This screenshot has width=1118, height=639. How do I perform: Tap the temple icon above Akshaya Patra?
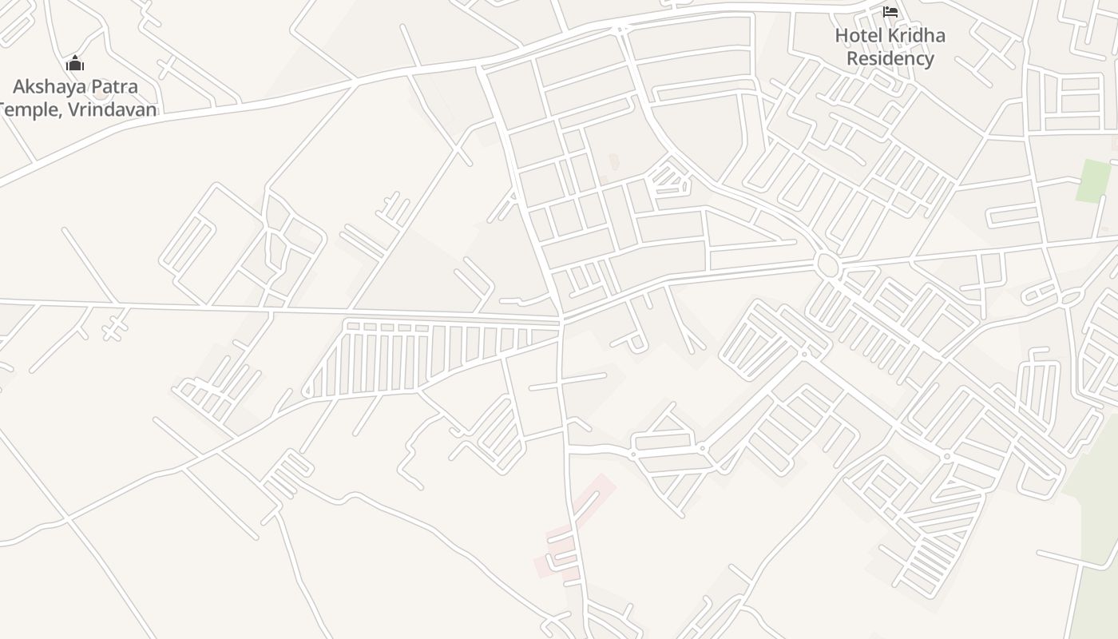pos(75,64)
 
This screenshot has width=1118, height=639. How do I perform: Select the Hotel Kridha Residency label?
pos(890,47)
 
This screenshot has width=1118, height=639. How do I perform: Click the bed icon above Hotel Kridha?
pos(890,12)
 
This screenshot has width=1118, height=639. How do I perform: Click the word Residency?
pos(890,58)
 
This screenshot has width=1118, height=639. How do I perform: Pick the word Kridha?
pos(915,36)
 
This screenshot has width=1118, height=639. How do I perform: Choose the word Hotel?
pos(857,36)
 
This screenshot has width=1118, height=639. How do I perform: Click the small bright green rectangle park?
pos(1092,181)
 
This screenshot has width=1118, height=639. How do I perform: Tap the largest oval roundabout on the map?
pos(827,264)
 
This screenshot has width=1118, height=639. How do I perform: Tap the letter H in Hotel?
pos(841,36)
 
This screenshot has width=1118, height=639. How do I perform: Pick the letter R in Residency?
pos(852,58)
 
